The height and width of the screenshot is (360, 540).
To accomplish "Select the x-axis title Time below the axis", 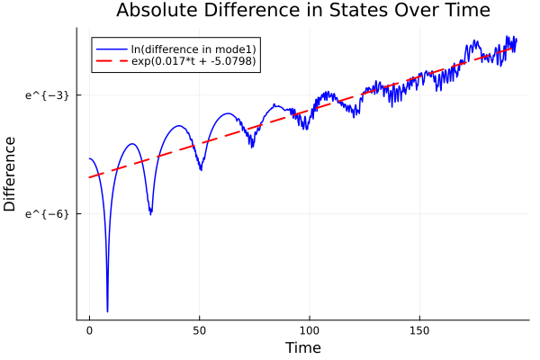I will tap(302, 347).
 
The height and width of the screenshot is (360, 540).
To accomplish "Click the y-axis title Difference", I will tap(11, 174).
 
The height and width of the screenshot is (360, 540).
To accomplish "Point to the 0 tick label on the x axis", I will tap(89, 329).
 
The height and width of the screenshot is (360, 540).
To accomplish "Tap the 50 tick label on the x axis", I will tap(200, 329).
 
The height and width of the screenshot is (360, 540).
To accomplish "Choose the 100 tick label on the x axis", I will tap(310, 329).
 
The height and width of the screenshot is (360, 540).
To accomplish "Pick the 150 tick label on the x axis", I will tap(420, 329).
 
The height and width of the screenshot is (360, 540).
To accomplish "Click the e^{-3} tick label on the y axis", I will tap(47, 94).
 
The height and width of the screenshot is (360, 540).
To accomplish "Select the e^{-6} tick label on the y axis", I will tap(47, 213).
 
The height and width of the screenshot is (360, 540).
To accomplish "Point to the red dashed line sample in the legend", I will tap(111, 62).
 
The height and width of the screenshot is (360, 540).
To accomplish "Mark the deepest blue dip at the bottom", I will tap(107, 311).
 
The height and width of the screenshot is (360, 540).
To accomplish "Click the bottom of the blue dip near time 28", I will tap(150, 213).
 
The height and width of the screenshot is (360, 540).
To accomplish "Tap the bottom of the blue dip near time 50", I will tap(201, 169).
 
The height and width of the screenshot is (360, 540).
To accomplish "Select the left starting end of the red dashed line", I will tap(89, 177).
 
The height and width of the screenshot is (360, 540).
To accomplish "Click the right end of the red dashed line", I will tap(516, 48).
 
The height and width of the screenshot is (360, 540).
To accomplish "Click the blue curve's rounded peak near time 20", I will tap(132, 144).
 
